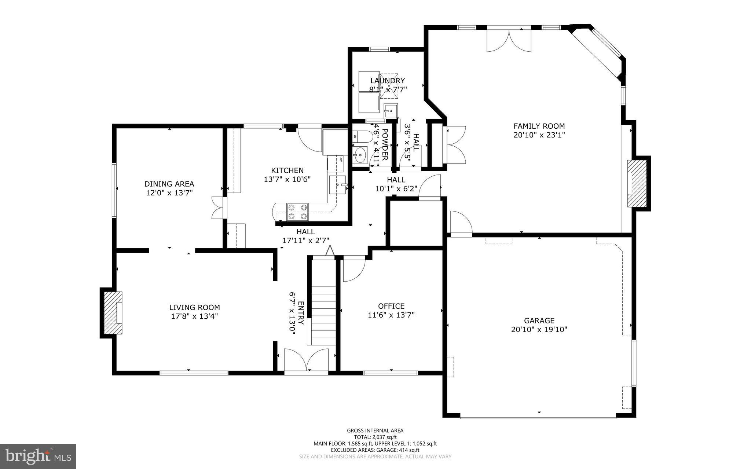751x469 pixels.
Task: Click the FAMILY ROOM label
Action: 539,126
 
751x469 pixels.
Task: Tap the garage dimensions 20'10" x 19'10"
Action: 539,329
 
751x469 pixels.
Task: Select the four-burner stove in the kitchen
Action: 297,212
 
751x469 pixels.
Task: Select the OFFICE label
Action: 391,306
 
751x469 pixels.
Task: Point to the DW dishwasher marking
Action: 341,159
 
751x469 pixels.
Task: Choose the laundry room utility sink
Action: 391,110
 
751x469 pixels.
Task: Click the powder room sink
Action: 360,155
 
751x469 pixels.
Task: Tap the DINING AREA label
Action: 169,184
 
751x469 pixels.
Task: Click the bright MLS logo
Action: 38,456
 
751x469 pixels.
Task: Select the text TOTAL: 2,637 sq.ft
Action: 375,437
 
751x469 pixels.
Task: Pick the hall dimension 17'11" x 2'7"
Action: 305,241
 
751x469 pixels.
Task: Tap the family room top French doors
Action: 509,40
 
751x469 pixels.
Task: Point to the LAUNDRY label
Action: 388,81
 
